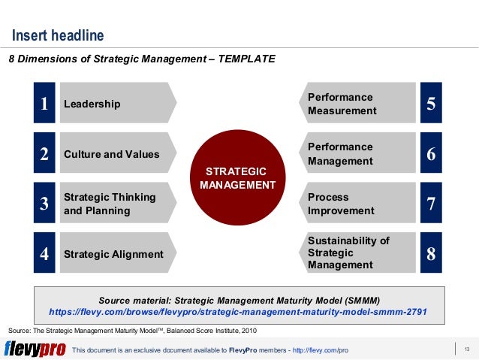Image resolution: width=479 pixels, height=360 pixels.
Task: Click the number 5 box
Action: [x=431, y=104]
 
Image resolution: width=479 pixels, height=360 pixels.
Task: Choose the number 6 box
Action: [x=431, y=154]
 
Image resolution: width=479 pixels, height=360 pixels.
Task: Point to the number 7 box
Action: [x=431, y=204]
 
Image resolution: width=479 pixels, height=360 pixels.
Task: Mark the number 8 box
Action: [x=431, y=254]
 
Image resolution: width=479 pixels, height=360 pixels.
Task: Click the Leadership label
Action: [x=92, y=104]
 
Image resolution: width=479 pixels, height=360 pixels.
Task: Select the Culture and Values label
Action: [x=112, y=154]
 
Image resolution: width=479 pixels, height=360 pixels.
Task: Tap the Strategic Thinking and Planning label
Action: [x=110, y=204]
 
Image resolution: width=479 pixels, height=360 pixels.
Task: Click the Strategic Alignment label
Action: [x=113, y=254]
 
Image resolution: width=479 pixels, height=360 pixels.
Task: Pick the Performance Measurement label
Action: [x=342, y=104]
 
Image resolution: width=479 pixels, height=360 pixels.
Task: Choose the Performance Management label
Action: [x=340, y=154]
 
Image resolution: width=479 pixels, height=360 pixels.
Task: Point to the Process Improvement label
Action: [x=340, y=204]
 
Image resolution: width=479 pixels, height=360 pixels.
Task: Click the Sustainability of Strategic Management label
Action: [x=348, y=253]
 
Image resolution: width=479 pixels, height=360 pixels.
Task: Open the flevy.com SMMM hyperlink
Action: [x=238, y=310]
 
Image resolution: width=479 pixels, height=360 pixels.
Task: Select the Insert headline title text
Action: [x=58, y=36]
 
